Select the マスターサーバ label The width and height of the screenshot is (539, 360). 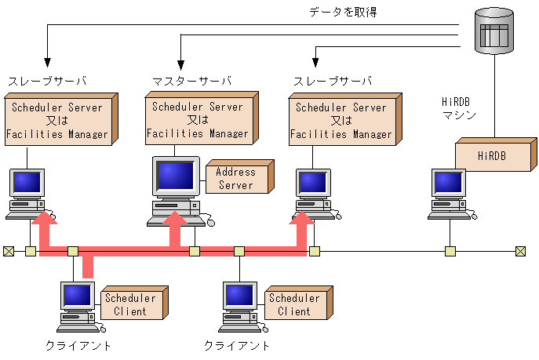pyautogui.click(x=191, y=82)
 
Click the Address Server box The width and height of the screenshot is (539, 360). pyautogui.click(x=238, y=178)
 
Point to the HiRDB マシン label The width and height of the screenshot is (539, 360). pyautogui.click(x=460, y=108)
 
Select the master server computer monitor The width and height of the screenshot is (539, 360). pyautogui.click(x=177, y=179)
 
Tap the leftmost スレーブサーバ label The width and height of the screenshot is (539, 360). pyautogui.click(x=46, y=82)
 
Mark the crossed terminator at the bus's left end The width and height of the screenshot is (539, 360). pyautogui.click(x=9, y=252)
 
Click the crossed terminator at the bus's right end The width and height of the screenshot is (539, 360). pyautogui.click(x=520, y=252)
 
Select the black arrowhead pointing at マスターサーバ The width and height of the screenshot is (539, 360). pyautogui.click(x=180, y=65)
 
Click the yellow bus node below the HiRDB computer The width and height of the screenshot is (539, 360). pyautogui.click(x=450, y=252)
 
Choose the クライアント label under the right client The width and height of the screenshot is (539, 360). pyautogui.click(x=237, y=346)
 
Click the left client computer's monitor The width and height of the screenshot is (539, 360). pyautogui.click(x=78, y=296)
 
